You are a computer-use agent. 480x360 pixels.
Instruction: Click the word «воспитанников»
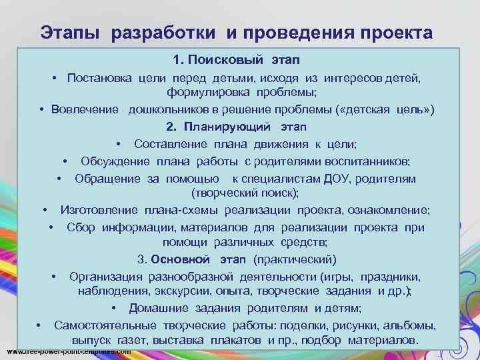coord(373,161)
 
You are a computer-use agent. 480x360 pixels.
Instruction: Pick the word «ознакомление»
coord(394,210)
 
